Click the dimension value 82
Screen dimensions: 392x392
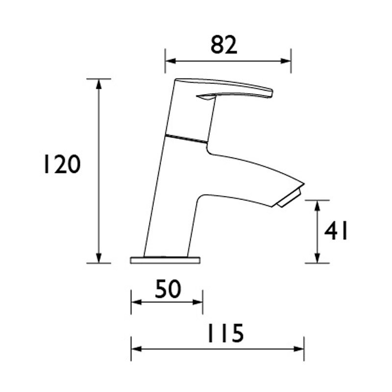click(x=224, y=45)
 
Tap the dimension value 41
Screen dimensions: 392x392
click(x=336, y=231)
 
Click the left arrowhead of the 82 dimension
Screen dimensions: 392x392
click(x=169, y=61)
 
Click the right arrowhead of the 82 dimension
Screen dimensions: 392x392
click(x=288, y=61)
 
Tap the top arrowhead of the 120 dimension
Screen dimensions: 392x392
click(x=99, y=83)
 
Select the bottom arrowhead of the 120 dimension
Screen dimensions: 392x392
click(x=99, y=258)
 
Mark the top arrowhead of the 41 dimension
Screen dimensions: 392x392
click(x=317, y=205)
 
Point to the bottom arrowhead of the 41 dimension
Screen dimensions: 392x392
click(x=317, y=258)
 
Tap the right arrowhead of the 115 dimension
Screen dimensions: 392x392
click(x=300, y=349)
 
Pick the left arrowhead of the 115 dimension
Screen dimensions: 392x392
click(x=135, y=349)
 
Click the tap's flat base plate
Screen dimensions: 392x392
click(x=165, y=260)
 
